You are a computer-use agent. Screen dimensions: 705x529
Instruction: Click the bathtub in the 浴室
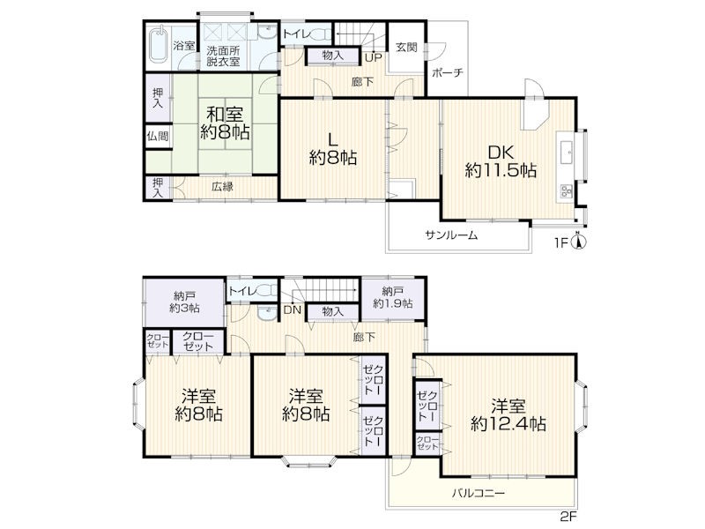coord(158,45)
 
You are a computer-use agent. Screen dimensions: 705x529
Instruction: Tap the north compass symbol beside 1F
coord(579,242)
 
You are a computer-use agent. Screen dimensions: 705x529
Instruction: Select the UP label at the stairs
coord(373,57)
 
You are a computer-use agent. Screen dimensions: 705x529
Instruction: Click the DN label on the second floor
coord(293,310)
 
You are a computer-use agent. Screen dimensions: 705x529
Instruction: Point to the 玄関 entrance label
coord(406,47)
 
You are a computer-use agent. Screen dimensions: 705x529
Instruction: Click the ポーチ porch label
coord(448,72)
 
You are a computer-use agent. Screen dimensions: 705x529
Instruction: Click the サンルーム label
coord(451,235)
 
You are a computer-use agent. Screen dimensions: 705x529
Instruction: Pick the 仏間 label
coord(158,136)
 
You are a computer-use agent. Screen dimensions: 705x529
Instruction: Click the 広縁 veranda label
coord(223,186)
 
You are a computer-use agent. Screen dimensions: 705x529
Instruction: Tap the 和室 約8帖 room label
coord(226,123)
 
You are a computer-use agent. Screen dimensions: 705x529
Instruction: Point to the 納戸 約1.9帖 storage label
coord(393,297)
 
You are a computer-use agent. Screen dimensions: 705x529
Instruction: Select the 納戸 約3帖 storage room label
coord(185,302)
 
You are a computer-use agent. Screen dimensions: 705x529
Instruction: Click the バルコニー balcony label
coord(479,493)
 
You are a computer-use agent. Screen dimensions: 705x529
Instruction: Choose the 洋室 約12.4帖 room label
coord(508,415)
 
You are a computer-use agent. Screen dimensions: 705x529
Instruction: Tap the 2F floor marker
coord(568,516)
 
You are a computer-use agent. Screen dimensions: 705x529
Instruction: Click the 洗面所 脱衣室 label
coord(224,56)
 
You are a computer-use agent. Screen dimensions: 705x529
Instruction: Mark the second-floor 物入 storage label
coord(333,311)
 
